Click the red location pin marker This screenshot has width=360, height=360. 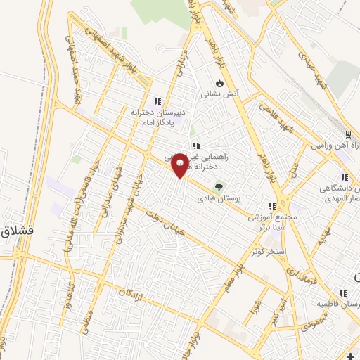point(180,165)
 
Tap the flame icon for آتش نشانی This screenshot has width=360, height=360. point(219,82)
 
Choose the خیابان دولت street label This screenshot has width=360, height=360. point(175,219)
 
